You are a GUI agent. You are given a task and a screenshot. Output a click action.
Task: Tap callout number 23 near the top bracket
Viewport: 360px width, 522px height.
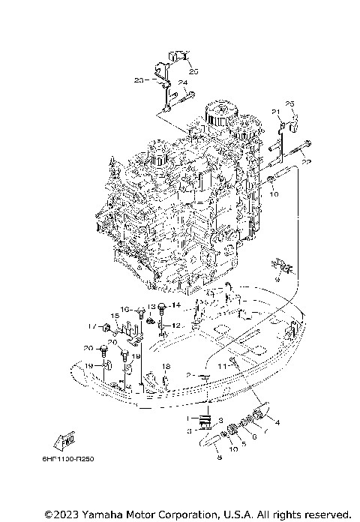coord(139,79)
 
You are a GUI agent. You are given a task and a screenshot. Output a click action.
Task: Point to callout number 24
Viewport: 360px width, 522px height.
coord(181,82)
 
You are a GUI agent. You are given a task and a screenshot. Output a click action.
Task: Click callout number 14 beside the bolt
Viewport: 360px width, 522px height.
coord(176,304)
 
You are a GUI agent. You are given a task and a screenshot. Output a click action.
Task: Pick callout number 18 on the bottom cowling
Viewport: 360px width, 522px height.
coord(166,365)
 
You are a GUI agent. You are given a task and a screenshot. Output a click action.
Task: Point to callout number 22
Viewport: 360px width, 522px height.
coord(305,160)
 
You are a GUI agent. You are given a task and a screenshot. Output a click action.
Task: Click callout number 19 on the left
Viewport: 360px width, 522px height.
coord(88,365)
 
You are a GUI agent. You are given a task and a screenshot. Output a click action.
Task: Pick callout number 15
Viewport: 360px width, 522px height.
coord(115,316)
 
